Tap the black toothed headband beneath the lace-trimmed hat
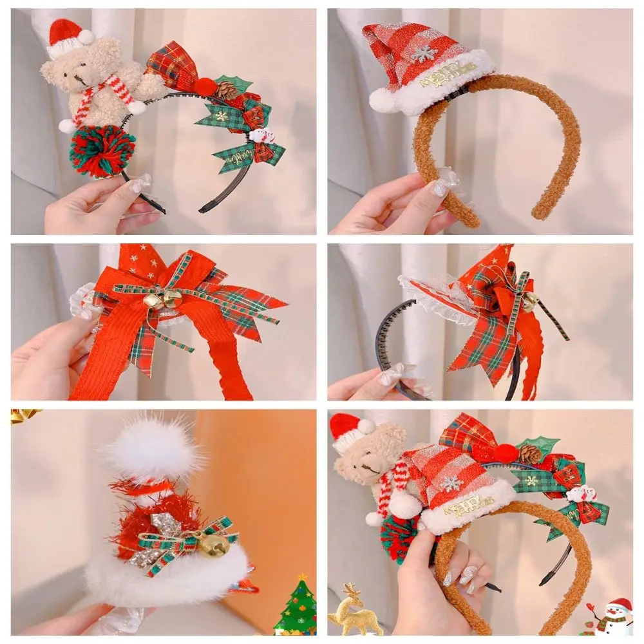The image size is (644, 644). (x=386, y=341)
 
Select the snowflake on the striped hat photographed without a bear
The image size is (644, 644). (x=423, y=53)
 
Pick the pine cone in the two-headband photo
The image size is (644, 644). (x=529, y=454)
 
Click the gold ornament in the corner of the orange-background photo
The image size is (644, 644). (x=23, y=416)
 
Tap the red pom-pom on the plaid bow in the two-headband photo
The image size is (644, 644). (x=506, y=453)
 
